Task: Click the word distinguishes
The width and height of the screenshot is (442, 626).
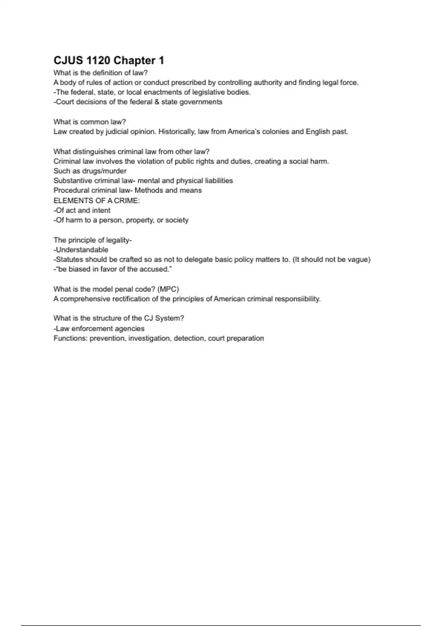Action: pyautogui.click(x=94, y=151)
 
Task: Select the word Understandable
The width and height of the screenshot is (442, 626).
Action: pyautogui.click(x=82, y=250)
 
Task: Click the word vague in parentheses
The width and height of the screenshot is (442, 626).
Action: pyautogui.click(x=357, y=260)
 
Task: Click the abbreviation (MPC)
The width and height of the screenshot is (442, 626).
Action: pyautogui.click(x=168, y=289)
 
